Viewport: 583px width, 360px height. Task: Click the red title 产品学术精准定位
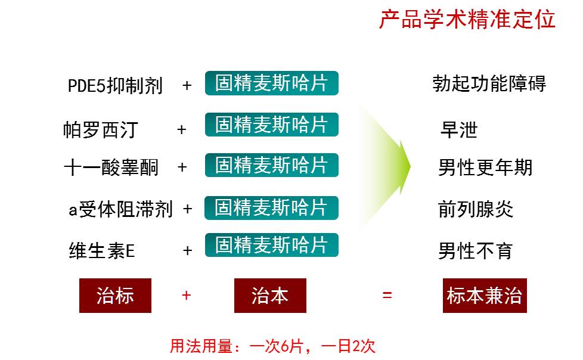coord(467,19)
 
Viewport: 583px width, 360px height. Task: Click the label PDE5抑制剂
coord(115,86)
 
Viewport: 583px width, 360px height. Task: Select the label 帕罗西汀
coord(100,130)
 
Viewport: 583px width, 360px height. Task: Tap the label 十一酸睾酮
coord(111,167)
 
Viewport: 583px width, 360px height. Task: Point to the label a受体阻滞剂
coord(120,209)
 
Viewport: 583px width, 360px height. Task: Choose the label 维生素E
coord(101,250)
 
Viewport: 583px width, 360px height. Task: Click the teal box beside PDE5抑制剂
coord(271,83)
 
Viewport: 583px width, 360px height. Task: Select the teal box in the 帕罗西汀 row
coord(271,124)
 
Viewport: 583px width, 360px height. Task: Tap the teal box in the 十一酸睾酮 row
coord(271,165)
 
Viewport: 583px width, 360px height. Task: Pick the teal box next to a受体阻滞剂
coord(271,207)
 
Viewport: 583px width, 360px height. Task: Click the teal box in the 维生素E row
coord(271,245)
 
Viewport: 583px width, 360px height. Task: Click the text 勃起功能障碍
coord(489,83)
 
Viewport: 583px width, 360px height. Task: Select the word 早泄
coord(459,130)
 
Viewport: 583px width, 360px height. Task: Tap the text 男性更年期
coord(486,167)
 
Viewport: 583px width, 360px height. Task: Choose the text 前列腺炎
coord(476,209)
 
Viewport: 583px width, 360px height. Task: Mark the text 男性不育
coord(476,251)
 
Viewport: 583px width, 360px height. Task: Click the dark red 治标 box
coord(115,296)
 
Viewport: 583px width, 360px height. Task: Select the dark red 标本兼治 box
coord(485,296)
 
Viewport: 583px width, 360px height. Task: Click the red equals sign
coord(387,295)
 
